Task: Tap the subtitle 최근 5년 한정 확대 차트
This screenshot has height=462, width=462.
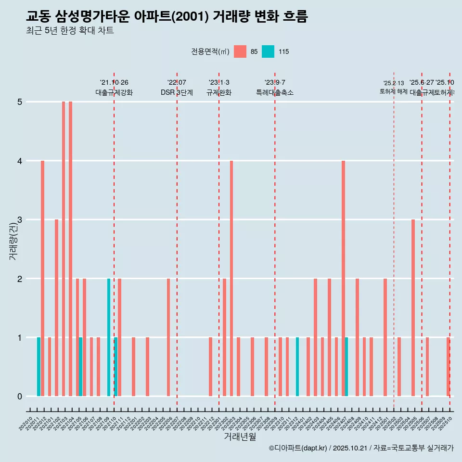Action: tap(70, 31)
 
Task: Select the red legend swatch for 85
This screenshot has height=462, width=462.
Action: tap(240, 51)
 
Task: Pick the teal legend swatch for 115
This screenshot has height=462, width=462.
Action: tap(268, 51)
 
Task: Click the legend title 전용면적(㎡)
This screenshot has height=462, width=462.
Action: tap(210, 51)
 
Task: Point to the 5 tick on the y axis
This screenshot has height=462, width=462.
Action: tap(20, 102)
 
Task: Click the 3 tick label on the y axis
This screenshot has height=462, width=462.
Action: tap(20, 220)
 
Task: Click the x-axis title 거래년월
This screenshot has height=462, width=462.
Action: tap(240, 436)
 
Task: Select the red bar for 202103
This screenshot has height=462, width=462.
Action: tap(64, 249)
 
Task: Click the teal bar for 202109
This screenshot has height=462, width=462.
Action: tap(109, 337)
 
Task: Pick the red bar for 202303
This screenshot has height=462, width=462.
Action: tap(231, 278)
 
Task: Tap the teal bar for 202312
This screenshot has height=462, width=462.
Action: tap(297, 367)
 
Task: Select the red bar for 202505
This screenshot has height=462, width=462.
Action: tap(413, 308)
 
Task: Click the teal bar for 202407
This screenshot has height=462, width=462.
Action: tap(346, 367)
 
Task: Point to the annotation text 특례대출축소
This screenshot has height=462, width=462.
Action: tap(274, 92)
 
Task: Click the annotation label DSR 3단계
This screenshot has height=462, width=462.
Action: tap(177, 92)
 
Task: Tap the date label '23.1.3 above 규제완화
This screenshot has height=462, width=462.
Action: tap(219, 82)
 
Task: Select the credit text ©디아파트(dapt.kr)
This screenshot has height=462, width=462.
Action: tap(298, 449)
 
